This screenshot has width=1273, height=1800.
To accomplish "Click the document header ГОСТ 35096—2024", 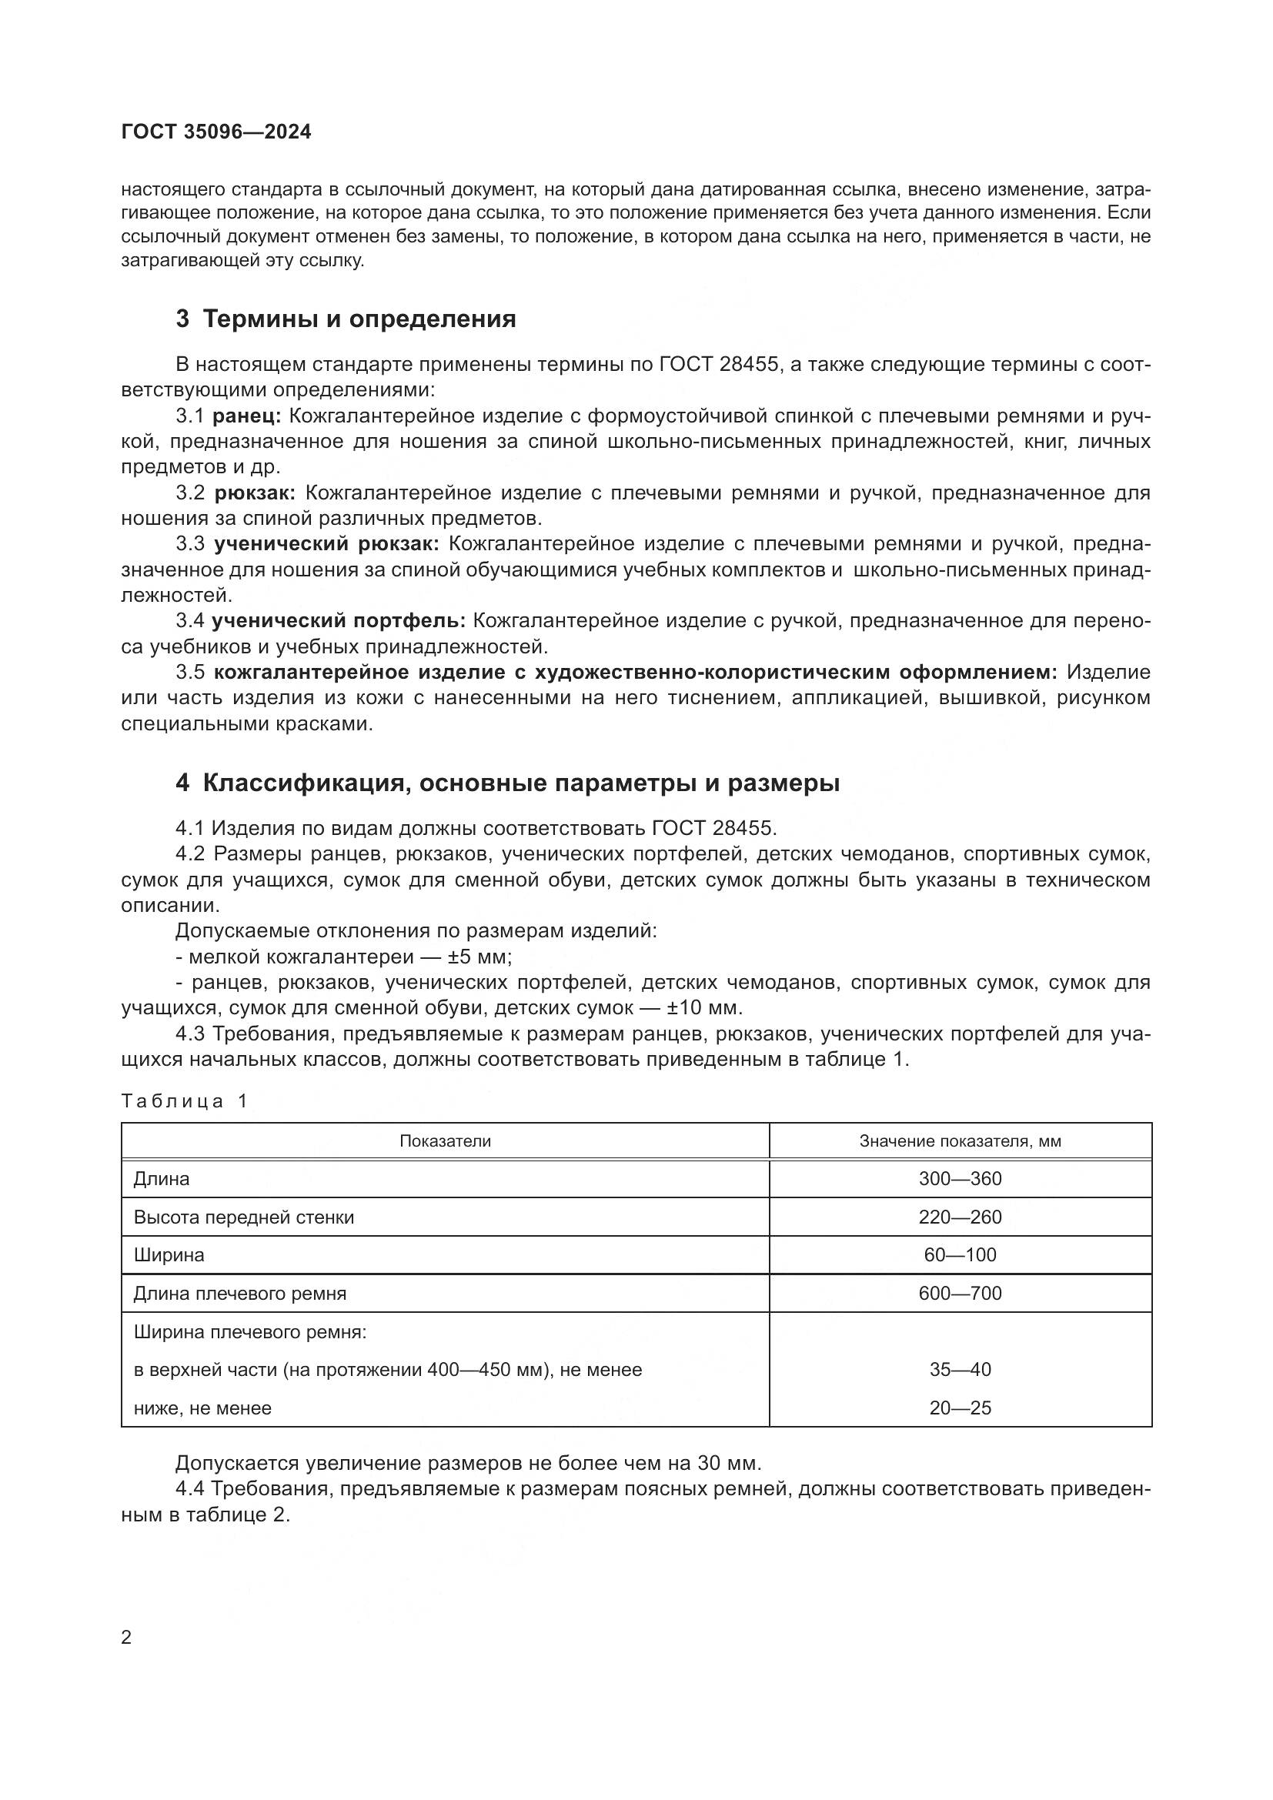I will (216, 132).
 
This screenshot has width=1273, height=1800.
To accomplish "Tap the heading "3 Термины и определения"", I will (346, 319).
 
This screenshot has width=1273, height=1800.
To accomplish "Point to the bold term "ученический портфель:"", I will (339, 621).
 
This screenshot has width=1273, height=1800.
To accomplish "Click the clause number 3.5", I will (190, 672).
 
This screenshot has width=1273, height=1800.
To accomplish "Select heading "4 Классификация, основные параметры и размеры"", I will (507, 783).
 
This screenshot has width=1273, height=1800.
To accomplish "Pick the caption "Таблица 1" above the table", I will (184, 1101).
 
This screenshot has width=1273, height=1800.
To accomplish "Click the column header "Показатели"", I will (445, 1141).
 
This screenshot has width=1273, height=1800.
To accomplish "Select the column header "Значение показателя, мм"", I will (961, 1141).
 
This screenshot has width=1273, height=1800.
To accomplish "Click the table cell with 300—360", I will (961, 1179).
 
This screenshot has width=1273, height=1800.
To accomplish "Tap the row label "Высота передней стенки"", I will (244, 1217).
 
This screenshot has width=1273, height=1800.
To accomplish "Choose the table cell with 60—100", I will (961, 1255).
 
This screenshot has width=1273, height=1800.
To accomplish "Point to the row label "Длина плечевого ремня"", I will (240, 1294).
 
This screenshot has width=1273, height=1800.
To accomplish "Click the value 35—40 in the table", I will (961, 1370).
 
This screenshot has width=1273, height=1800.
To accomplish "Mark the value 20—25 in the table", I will (961, 1408).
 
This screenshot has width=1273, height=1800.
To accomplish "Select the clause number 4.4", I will (190, 1489).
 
